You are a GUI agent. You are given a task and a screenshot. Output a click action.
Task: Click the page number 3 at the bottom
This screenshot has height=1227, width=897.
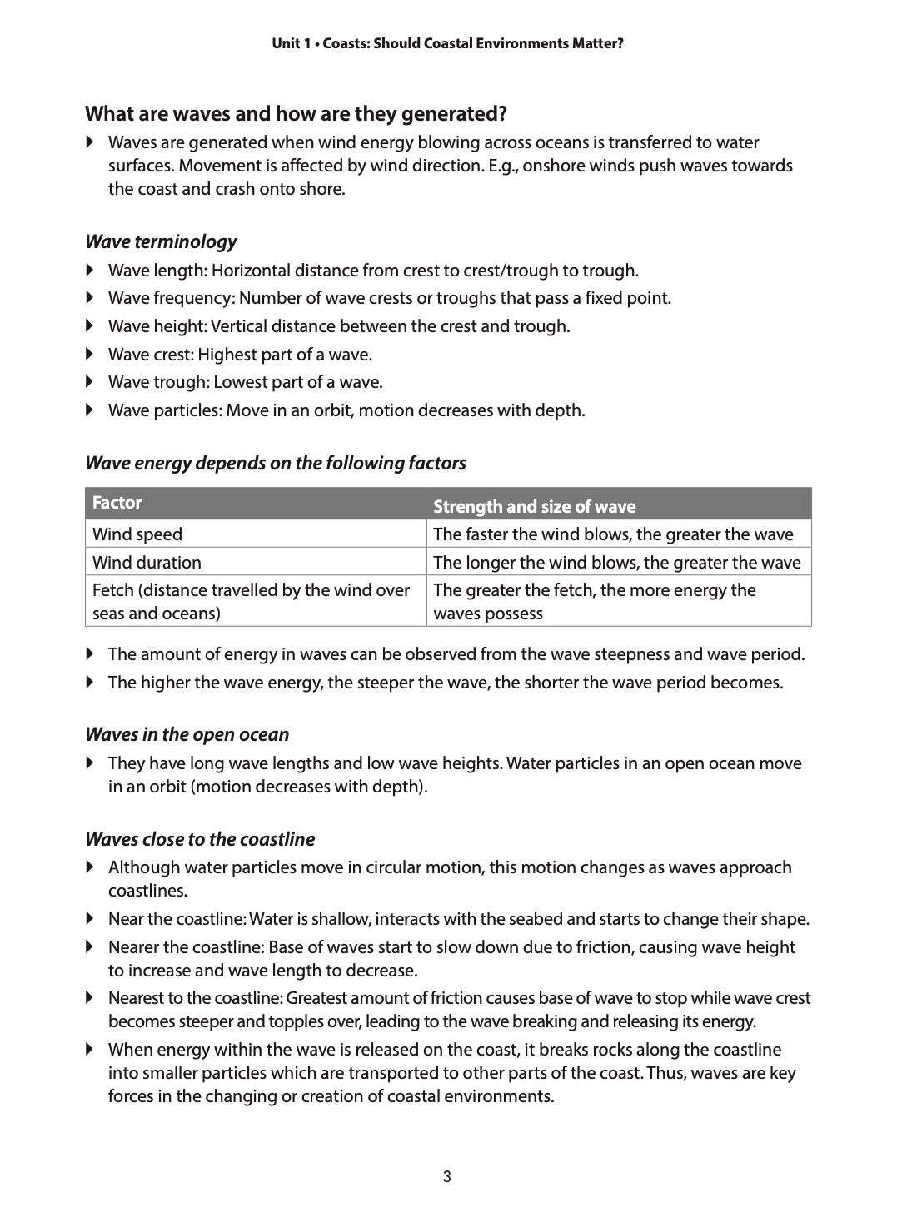[447, 1176]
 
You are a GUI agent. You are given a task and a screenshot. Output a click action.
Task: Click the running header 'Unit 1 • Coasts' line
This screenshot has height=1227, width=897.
[447, 43]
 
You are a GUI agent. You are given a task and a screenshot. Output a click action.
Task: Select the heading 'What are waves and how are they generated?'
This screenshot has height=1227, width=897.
[296, 113]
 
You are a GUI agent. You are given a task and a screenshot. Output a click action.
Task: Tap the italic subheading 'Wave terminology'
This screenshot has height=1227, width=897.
[161, 241]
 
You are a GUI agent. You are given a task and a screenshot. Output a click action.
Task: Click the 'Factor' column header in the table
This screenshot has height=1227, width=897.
[117, 503]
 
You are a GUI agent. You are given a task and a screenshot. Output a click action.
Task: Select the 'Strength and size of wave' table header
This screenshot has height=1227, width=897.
[534, 506]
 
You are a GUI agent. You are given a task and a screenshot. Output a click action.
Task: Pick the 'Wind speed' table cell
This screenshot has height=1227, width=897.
[137, 534]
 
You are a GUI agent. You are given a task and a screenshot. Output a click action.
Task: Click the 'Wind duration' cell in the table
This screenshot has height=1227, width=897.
[147, 563]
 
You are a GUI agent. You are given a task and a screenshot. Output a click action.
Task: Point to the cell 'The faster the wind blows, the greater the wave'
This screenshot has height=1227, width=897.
[613, 534]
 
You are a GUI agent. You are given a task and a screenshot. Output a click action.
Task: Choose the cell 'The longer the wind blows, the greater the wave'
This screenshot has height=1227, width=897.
[616, 563]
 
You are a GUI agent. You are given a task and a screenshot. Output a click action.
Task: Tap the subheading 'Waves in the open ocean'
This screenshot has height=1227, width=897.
[187, 734]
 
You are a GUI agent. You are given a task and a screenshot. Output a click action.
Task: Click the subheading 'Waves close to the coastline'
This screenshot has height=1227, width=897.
[200, 839]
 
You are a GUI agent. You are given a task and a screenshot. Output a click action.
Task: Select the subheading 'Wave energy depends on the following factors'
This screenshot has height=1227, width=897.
[276, 463]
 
